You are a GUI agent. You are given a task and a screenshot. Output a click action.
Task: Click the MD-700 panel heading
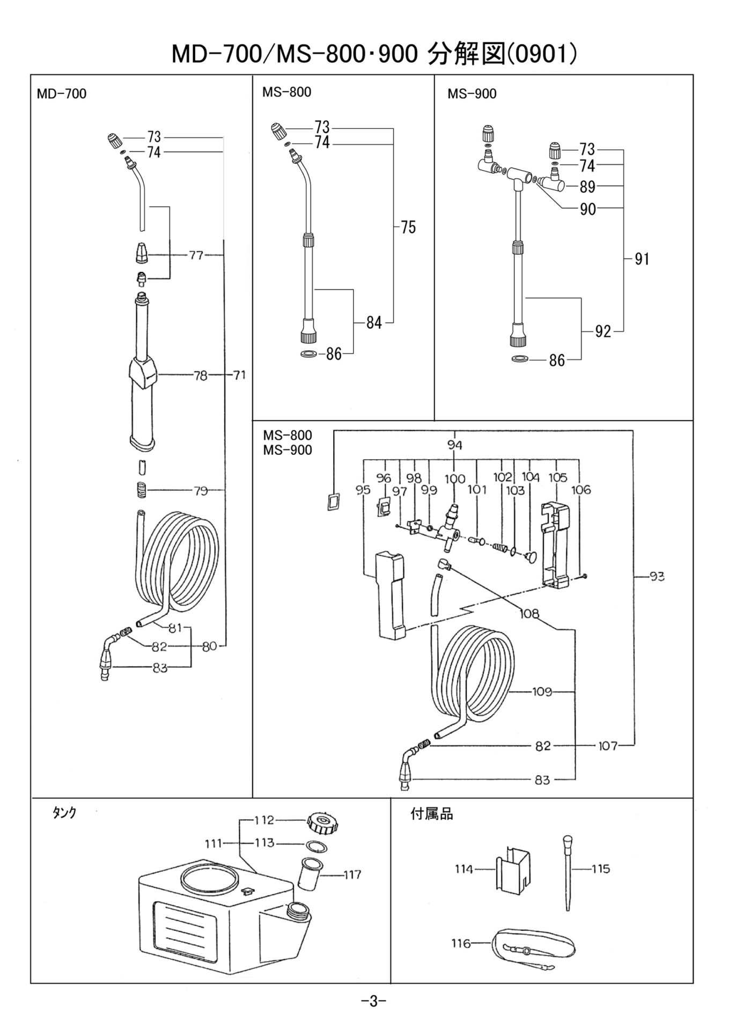[61, 94]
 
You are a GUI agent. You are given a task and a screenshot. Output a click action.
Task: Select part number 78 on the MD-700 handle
[200, 376]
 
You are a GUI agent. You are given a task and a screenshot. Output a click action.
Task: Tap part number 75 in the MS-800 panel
[408, 227]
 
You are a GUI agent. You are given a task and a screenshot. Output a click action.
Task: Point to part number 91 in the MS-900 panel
[642, 259]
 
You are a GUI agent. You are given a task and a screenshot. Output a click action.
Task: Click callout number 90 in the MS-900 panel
[587, 209]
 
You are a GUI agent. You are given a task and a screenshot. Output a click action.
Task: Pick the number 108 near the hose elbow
[529, 613]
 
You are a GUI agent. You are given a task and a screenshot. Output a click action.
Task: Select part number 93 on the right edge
[657, 577]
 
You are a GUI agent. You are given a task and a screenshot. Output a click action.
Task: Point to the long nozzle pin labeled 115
[568, 872]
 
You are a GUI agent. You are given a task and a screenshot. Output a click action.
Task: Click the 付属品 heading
[431, 814]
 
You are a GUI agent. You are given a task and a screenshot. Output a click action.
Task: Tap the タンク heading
[64, 812]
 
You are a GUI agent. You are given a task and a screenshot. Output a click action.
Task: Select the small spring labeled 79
[139, 490]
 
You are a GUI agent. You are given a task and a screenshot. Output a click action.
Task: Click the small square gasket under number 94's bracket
[334, 502]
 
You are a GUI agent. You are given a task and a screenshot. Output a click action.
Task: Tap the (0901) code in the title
[542, 54]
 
